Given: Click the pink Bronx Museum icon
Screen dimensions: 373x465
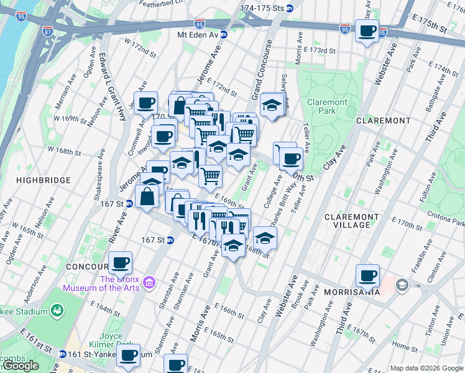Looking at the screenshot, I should click(x=149, y=284).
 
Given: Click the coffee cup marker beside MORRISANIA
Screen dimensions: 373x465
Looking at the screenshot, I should click(x=367, y=275).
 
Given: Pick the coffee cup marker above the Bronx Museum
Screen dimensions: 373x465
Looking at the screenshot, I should click(x=120, y=262).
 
